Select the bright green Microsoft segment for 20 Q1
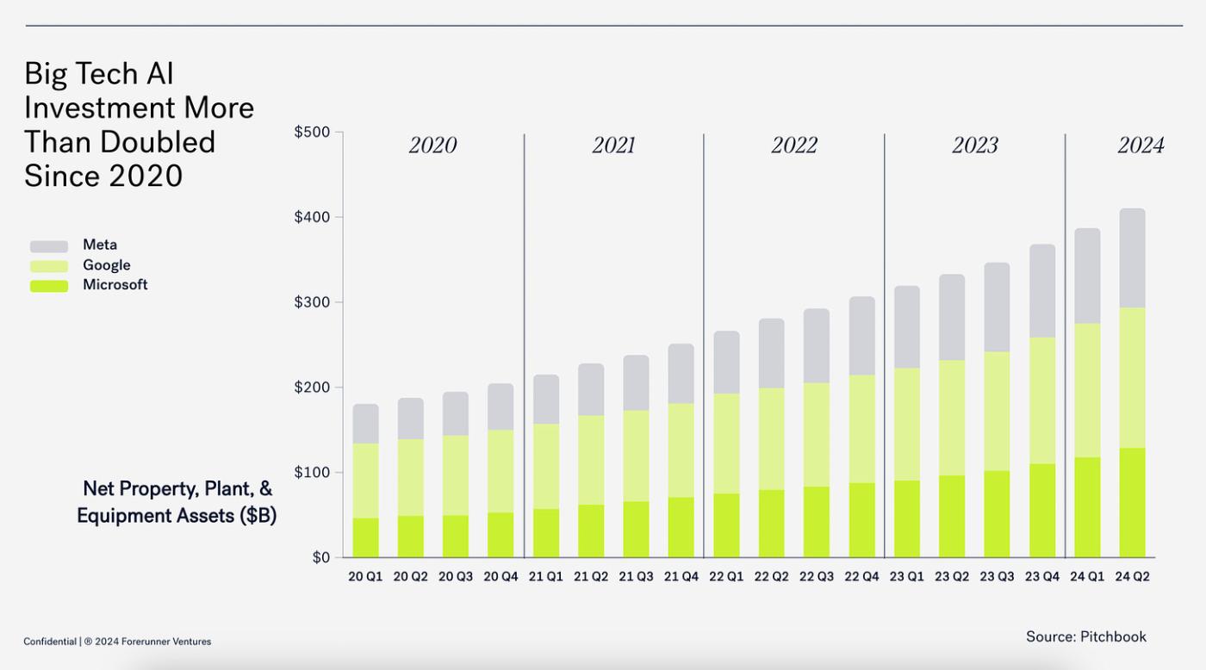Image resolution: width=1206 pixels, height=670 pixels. pos(365,537)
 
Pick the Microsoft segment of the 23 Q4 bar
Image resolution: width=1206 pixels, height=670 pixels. pos(1042,511)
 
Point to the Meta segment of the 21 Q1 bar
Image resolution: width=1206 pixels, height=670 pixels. pos(546,400)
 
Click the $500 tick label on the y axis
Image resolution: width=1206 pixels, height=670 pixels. pos(312,133)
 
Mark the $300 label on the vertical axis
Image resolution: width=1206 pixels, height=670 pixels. pos(312,302)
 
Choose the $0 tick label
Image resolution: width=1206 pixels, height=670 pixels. pos(320,558)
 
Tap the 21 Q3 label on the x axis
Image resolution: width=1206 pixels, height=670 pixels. pos(636,576)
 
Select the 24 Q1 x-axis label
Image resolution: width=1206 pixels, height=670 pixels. pos(1087,576)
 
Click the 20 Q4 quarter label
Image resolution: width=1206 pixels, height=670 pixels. pos(500,576)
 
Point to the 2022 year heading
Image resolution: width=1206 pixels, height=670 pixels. pos(793,146)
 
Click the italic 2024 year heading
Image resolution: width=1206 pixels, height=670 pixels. pos(1141,146)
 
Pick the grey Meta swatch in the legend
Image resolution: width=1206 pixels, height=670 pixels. pos(49,246)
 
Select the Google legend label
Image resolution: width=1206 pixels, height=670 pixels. pos(107,265)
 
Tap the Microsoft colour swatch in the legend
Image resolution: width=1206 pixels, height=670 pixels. pos(49,286)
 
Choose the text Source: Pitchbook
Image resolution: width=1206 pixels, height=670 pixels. pos(1086,636)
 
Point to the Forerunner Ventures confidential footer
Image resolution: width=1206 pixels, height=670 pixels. pos(117,642)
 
